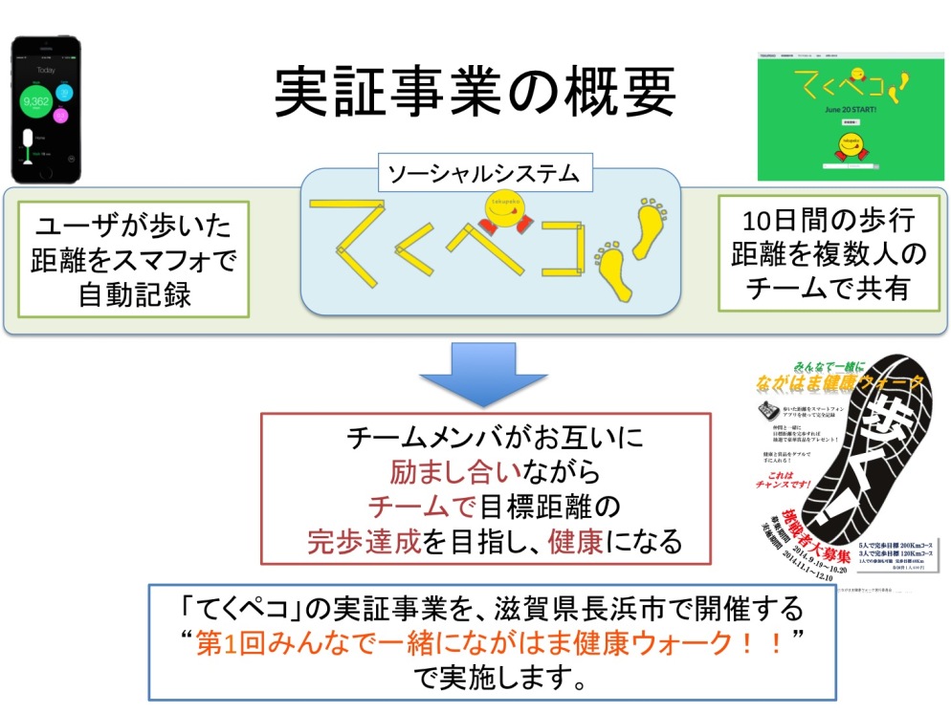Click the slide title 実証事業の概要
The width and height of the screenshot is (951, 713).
pos(475,93)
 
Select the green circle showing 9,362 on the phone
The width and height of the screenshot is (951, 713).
pos(36,101)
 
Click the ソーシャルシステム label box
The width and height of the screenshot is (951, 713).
pos(483,173)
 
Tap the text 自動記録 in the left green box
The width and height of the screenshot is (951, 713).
pos(133,292)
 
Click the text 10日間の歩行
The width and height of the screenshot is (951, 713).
pos(817,221)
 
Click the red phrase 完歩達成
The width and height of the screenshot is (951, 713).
pos(364,542)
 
